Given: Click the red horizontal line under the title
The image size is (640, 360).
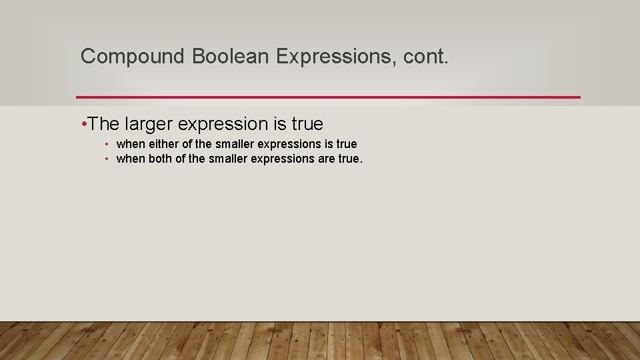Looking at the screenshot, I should [x=328, y=97].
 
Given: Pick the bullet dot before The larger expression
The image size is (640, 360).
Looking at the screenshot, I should [x=83, y=123].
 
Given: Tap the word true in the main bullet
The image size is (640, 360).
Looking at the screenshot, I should [x=307, y=124].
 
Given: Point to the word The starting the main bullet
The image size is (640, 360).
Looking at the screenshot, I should [x=103, y=124].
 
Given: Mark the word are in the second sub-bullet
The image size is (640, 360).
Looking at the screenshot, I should [x=326, y=159].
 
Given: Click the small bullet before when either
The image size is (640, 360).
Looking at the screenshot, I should [x=107, y=144].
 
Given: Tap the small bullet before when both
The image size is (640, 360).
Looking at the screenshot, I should [x=107, y=159].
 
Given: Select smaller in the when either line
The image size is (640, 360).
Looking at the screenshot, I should [x=234, y=144].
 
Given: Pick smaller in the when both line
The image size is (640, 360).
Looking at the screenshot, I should [x=227, y=159].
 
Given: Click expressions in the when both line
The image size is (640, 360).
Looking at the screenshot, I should [x=283, y=159].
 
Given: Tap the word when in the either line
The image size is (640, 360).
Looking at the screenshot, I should [x=130, y=144].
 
